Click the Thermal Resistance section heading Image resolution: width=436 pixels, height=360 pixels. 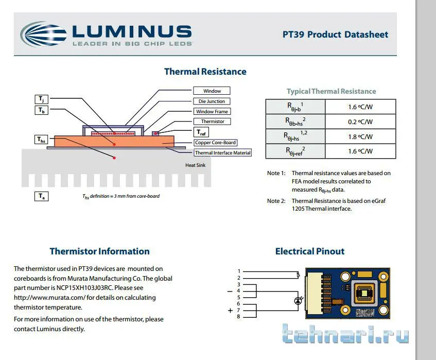(205, 72)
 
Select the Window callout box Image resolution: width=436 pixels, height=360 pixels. (212, 91)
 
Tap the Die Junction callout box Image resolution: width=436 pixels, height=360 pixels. (212, 101)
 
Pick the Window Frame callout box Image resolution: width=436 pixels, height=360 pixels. (212, 112)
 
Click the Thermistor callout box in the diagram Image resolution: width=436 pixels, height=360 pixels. (212, 122)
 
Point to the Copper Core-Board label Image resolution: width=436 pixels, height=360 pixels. (216, 143)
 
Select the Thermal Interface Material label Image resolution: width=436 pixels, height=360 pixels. (222, 152)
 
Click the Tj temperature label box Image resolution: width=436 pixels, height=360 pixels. (41, 99)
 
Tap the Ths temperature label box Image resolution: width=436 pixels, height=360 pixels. (41, 140)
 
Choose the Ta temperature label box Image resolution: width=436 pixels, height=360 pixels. (41, 196)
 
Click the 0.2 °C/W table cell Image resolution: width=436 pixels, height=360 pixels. (360, 122)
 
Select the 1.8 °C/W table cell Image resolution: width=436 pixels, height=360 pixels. (360, 136)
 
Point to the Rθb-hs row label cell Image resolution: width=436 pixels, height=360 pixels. (295, 122)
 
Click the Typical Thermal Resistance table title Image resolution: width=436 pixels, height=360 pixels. (331, 91)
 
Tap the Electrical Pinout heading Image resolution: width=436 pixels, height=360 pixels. (309, 251)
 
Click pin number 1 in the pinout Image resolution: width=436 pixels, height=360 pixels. (238, 271)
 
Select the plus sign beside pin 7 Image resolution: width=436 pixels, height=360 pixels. (230, 311)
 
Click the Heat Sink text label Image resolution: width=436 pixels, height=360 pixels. (195, 165)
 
